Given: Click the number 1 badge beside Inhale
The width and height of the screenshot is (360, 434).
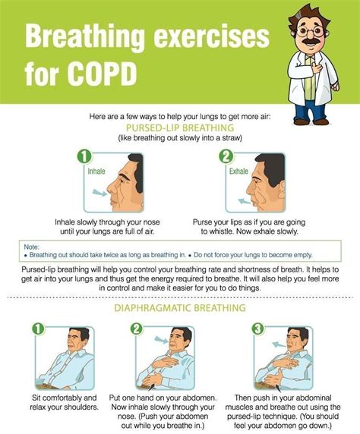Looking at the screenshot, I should coord(85,158).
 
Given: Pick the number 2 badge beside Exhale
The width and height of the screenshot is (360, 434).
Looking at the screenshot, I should coord(226,158).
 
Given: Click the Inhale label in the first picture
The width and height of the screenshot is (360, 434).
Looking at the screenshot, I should coord(96,171).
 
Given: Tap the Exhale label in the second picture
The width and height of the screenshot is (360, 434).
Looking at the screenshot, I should coord(239,171).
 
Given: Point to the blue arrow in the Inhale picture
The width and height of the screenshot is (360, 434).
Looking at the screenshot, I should coord(99,193).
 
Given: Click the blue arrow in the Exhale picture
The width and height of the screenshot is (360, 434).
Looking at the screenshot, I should coord(242,197).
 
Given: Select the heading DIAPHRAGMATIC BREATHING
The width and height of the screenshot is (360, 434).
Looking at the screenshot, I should coord(179,309).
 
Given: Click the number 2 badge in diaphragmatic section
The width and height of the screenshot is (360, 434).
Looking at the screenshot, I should coord(137,329).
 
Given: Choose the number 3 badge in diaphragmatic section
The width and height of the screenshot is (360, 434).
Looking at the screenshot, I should coord(258,329).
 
